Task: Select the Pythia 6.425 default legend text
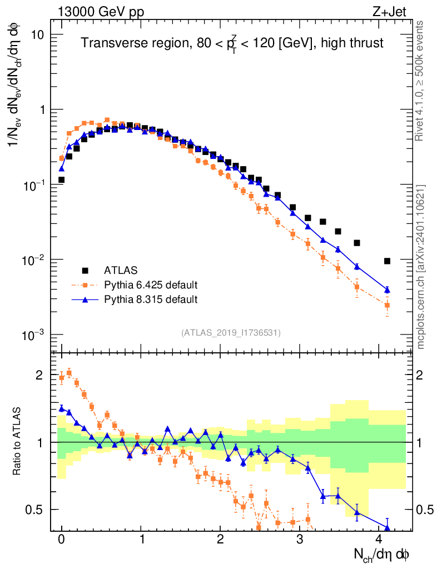(x=151, y=285)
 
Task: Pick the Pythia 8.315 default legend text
(x=151, y=300)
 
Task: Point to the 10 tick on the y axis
(x=37, y=34)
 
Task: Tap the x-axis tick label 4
(x=379, y=540)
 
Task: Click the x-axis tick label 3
(x=300, y=540)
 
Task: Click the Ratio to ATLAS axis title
(x=18, y=442)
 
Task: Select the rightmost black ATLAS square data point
(x=387, y=261)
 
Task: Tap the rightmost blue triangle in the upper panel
(x=387, y=290)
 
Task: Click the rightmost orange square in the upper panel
(x=387, y=305)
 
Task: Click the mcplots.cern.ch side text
(x=421, y=267)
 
